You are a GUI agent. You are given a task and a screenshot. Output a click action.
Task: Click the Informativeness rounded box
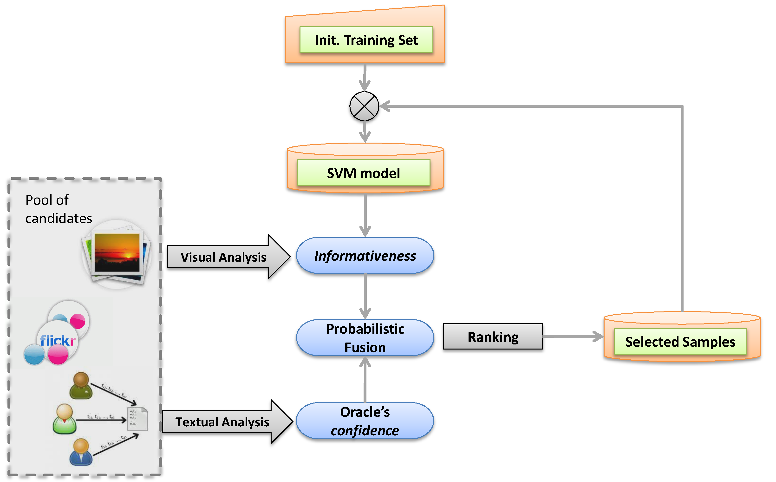pos(365,255)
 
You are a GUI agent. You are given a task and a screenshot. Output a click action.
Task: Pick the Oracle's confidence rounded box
pos(365,421)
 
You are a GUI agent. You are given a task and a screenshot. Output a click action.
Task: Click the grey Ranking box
pos(493,337)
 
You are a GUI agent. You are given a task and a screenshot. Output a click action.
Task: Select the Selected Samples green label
pos(680,341)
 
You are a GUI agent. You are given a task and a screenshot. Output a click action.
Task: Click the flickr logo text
pos(58,340)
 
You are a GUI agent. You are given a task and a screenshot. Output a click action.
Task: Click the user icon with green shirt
pos(65,419)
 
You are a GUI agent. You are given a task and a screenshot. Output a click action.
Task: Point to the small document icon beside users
pos(138,419)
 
